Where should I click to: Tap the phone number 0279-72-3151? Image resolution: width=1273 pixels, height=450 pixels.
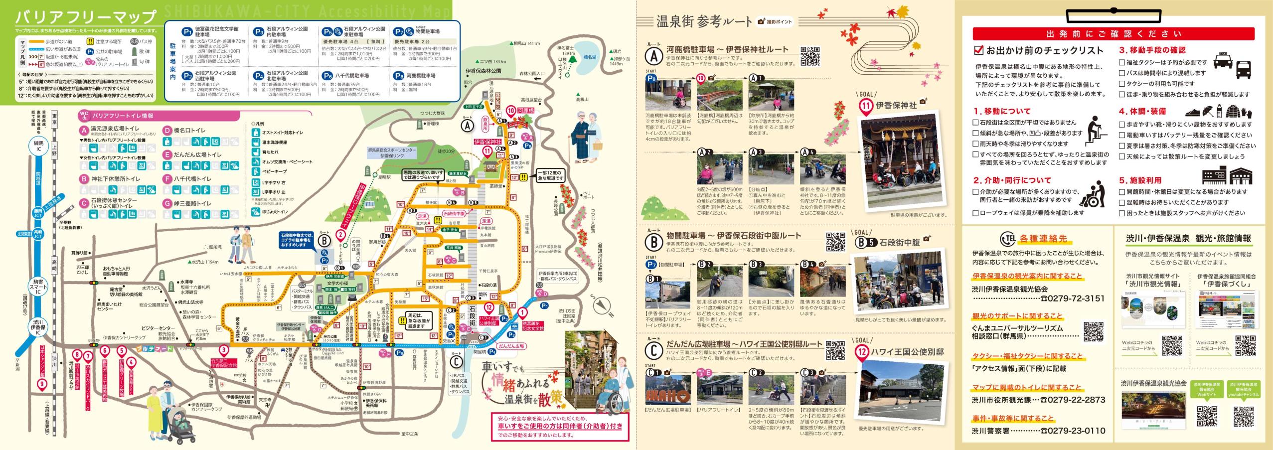[x=1074, y=299]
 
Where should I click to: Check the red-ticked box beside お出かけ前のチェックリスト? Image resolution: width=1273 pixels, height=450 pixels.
[x=978, y=50]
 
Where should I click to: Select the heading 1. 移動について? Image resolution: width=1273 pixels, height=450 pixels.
[x=1001, y=111]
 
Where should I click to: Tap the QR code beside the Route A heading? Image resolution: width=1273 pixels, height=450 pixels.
[x=810, y=56]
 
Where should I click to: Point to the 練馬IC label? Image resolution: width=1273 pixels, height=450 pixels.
[x=38, y=146]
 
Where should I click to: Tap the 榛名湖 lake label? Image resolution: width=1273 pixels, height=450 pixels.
[x=590, y=57]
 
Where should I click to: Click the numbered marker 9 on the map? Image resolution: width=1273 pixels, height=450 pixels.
[x=42, y=384]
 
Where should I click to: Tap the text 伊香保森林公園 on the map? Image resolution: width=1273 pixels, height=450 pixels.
[x=483, y=71]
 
